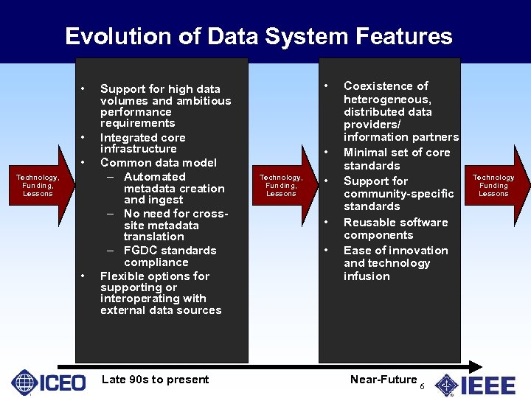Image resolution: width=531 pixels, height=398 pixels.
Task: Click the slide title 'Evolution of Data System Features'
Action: click(x=259, y=36)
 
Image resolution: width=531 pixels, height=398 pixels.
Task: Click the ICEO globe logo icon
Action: click(x=24, y=383)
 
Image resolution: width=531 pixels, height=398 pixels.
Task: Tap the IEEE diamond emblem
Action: click(x=446, y=385)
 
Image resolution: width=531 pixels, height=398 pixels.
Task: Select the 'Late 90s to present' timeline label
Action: click(x=155, y=380)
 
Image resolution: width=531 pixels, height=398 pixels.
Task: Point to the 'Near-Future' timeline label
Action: click(x=383, y=380)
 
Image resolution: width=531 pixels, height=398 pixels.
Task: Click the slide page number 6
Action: click(x=422, y=387)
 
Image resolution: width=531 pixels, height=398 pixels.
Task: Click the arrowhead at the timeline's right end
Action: click(x=478, y=366)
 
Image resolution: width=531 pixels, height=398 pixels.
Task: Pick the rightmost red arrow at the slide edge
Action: click(x=496, y=184)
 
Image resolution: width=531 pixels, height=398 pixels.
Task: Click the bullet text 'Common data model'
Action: click(x=159, y=163)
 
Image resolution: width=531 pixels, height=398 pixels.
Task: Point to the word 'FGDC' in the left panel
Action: click(x=140, y=251)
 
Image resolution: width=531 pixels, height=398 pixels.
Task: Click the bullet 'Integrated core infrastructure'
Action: click(x=142, y=143)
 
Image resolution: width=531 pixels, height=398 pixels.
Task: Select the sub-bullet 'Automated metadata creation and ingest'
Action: click(x=174, y=189)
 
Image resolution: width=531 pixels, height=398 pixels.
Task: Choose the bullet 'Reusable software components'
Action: click(x=395, y=228)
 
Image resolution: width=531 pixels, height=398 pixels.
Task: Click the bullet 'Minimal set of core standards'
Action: click(x=396, y=158)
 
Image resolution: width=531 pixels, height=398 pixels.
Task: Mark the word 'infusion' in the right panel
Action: click(x=367, y=276)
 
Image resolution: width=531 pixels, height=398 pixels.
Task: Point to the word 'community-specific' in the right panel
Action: click(x=398, y=194)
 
